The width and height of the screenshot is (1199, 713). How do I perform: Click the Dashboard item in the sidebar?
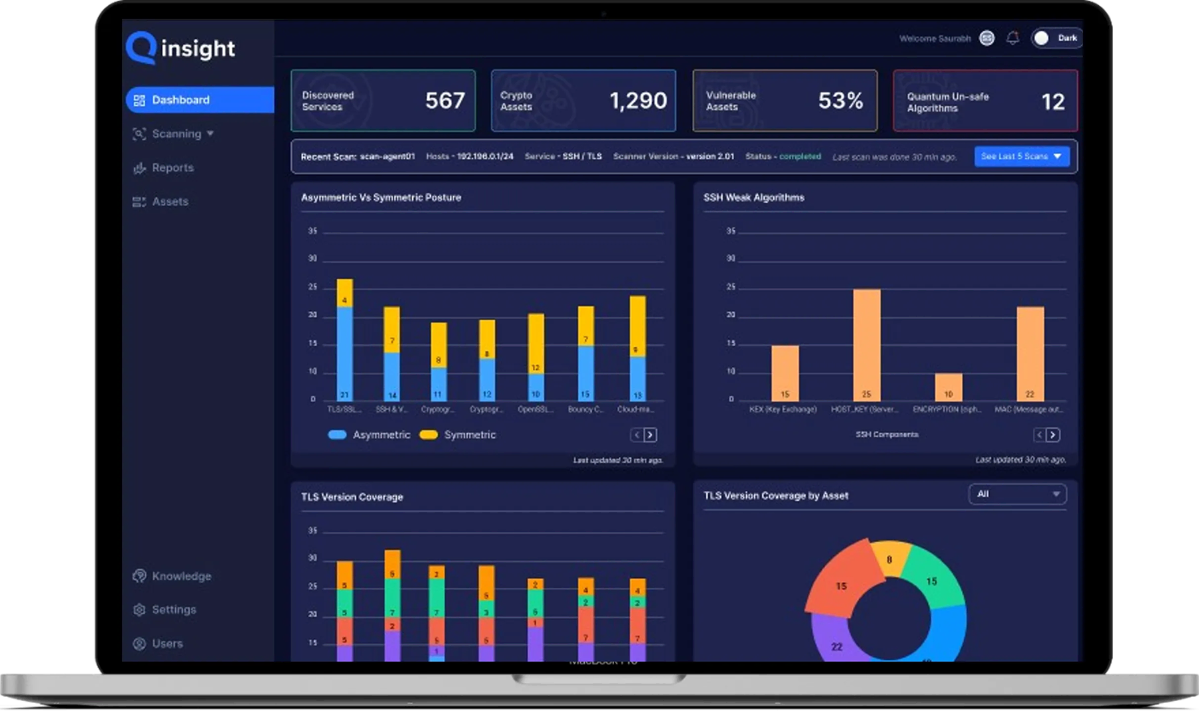(x=181, y=100)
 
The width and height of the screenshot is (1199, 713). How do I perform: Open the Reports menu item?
(x=173, y=168)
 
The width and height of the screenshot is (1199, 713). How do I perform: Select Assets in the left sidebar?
(x=170, y=202)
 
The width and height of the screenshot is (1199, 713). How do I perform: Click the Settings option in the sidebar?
(x=174, y=610)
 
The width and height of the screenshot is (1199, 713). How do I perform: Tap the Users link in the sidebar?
(x=167, y=644)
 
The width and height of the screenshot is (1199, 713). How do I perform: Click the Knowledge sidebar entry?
(x=181, y=577)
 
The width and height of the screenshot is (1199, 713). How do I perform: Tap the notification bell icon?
(x=1012, y=38)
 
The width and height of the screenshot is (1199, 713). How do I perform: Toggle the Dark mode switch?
(x=1056, y=38)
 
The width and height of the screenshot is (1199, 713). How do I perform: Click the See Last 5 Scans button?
(x=1021, y=156)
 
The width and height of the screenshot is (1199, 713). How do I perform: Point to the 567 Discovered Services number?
(x=445, y=101)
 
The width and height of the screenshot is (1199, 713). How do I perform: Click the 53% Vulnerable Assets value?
(x=841, y=101)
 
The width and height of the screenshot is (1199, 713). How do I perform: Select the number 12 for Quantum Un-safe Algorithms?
(x=1053, y=102)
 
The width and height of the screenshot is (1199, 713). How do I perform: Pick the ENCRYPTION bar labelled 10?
(x=949, y=387)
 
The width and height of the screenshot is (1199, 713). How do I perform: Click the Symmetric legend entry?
(x=470, y=435)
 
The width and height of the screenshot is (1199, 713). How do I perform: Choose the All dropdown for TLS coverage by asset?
(x=1017, y=494)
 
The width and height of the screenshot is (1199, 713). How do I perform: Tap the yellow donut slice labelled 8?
(x=890, y=559)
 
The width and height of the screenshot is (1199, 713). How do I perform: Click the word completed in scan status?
(x=800, y=156)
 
